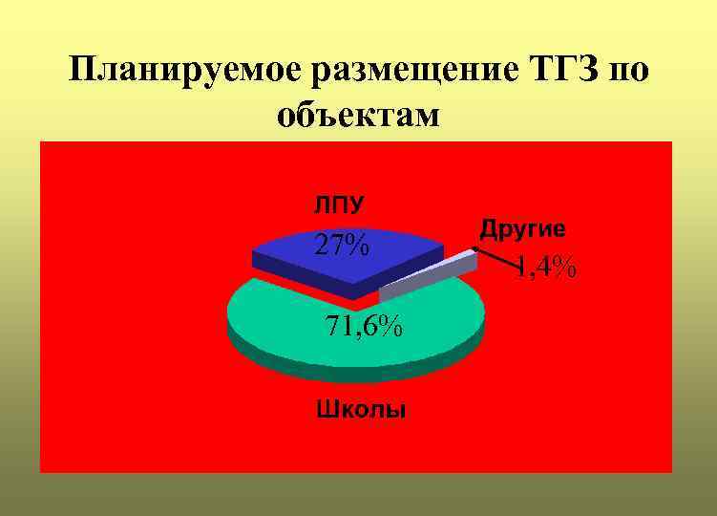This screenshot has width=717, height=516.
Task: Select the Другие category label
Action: click(x=522, y=229)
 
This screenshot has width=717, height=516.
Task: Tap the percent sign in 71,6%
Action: click(x=389, y=326)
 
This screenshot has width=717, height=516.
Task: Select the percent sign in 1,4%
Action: click(x=561, y=269)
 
